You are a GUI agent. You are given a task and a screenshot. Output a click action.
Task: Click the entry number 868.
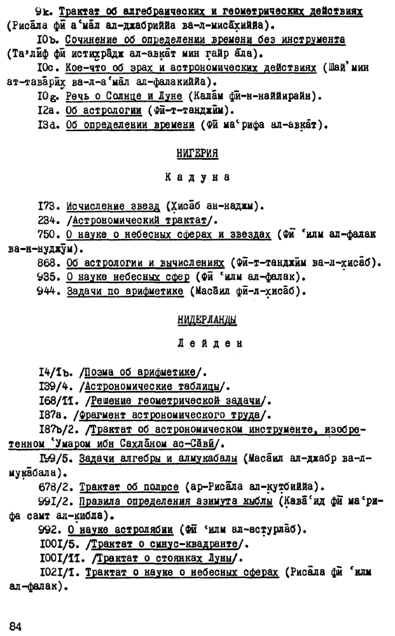point(51,263)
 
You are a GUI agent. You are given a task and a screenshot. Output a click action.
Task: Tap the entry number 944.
point(51,292)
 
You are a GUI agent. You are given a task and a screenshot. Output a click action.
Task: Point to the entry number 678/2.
point(55,487)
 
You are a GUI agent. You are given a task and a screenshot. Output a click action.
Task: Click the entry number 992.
point(51,529)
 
